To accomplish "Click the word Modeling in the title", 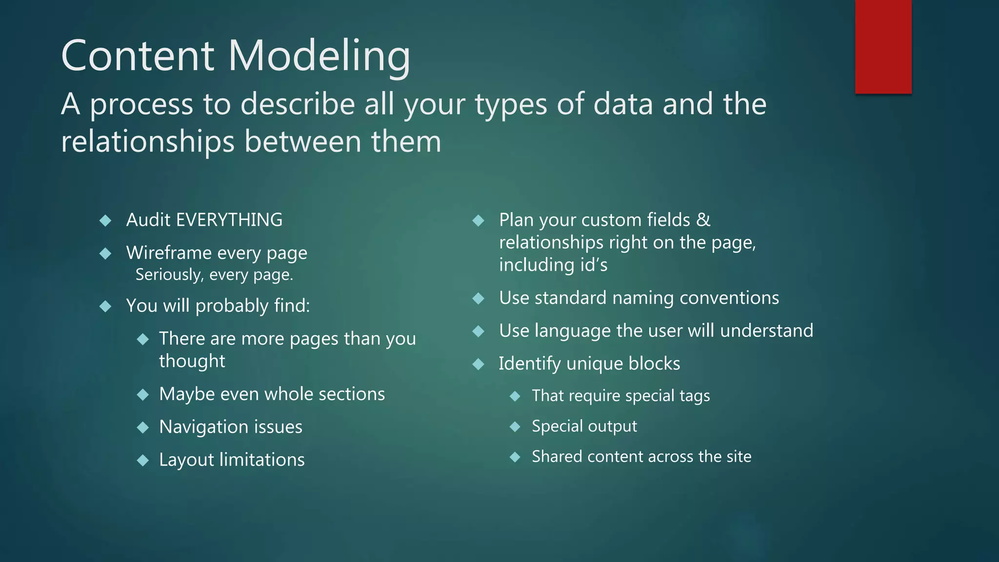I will (320, 56).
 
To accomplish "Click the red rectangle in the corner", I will (883, 46).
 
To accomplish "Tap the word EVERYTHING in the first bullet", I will (229, 220).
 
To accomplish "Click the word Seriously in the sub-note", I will (168, 275).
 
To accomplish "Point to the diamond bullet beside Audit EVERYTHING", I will (105, 221).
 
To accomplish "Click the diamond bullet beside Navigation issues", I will (143, 428).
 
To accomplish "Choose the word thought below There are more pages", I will (192, 361).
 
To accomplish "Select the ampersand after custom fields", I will (703, 220).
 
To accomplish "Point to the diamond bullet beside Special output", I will (515, 427).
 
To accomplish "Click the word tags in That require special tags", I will (694, 396).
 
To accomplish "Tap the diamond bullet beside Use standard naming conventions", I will (479, 298).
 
